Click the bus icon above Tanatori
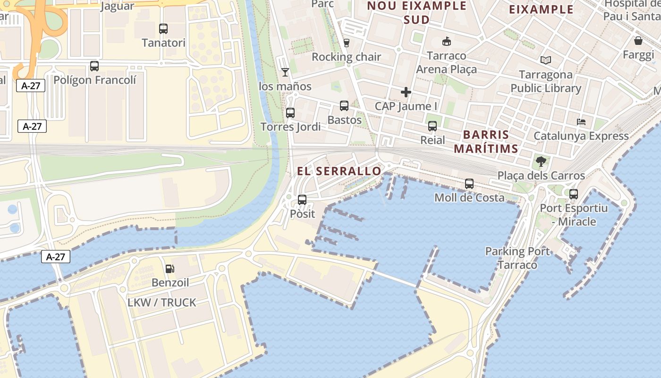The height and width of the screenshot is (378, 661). (163, 29)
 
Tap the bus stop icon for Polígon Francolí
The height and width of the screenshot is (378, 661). (94, 66)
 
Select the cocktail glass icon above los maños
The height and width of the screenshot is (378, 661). (285, 72)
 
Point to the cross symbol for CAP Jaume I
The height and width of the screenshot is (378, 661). (406, 92)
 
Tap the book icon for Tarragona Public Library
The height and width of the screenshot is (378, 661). (546, 60)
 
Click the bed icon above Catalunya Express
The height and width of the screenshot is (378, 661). (581, 122)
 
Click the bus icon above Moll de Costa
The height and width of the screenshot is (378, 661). (469, 184)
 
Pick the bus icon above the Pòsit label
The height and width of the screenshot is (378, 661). (302, 200)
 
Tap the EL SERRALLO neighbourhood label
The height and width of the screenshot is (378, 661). (339, 171)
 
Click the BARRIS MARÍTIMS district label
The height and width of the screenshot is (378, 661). (486, 141)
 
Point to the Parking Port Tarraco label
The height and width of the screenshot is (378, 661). (517, 258)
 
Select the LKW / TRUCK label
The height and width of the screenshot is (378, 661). (161, 302)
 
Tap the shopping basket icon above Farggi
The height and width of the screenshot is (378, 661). (638, 41)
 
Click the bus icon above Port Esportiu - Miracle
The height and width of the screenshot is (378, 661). (574, 194)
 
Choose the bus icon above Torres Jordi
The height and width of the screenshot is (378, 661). (290, 113)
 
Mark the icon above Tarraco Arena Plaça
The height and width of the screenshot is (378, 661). (446, 42)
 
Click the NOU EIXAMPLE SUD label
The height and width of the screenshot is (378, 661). (416, 13)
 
